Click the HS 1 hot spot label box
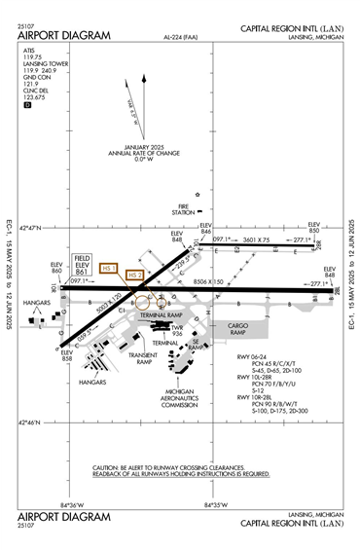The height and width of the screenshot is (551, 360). click(109, 268)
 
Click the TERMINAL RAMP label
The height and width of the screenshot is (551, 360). click(161, 315)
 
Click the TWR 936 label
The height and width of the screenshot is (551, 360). click(177, 333)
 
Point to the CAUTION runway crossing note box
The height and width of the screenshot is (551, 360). click(180, 470)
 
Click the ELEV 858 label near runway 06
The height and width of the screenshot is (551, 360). click(67, 355)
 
